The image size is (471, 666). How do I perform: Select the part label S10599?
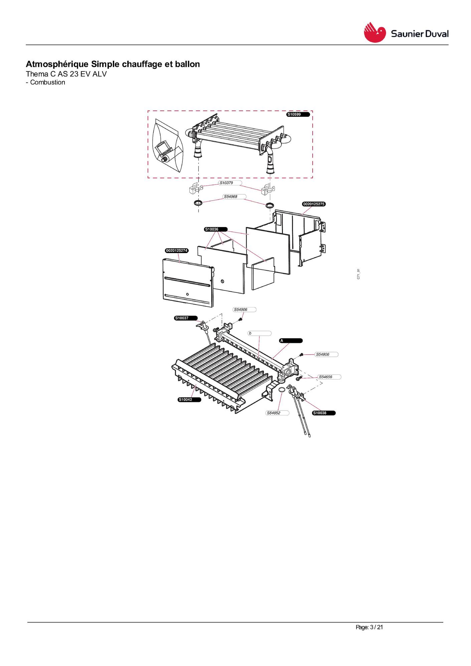[298, 115]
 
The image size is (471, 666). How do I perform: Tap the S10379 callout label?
[230, 183]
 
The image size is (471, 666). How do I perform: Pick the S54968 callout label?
[235, 197]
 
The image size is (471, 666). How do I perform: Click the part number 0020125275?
[314, 204]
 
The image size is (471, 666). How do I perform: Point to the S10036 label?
[216, 229]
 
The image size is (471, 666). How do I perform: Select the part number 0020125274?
[177, 251]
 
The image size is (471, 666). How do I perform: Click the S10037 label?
[186, 318]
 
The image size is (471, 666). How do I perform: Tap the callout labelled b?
[260, 333]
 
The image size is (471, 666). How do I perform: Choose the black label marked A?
[291, 341]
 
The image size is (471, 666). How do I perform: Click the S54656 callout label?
[330, 377]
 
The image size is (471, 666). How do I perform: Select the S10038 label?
[324, 413]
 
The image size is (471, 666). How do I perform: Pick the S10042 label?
[189, 400]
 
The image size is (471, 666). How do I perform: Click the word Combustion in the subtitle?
[48, 82]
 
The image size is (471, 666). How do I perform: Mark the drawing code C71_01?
[358, 274]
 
